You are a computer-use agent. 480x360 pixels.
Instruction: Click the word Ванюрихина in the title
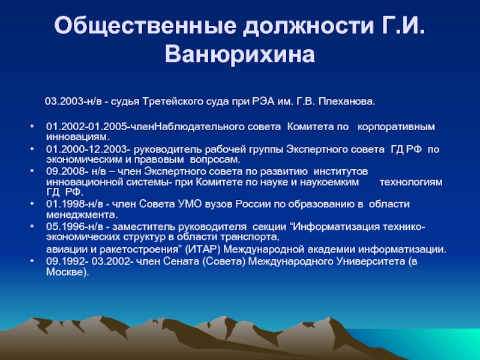coord(239,55)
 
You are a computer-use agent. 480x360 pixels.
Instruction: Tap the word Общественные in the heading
coord(145,26)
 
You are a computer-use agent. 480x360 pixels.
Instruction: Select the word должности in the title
coord(308,26)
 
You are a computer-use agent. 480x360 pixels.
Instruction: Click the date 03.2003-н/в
coord(73,101)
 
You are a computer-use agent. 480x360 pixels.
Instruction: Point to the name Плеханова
coord(347,101)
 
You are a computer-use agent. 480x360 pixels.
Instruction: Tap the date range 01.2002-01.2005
coord(88,127)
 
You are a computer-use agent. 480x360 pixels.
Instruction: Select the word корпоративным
coord(396,127)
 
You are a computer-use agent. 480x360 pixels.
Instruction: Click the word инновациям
coord(78,137)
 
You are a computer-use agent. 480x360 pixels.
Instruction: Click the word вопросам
coord(215,160)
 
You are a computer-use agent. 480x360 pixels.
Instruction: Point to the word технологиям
coord(411,182)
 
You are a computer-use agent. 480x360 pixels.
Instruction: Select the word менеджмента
coord(82,215)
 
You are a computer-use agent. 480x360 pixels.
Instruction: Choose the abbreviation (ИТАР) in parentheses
coord(203,250)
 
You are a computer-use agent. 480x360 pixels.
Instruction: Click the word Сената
coord(181,262)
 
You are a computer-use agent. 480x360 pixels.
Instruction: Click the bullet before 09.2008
coord(32,171)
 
